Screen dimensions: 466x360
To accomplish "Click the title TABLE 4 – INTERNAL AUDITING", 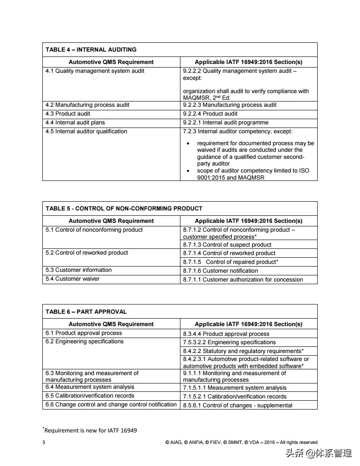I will (x=91, y=49).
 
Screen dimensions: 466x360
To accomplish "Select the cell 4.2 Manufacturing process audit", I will (x=87, y=105).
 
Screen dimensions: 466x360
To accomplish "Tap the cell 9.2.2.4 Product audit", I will (x=210, y=114).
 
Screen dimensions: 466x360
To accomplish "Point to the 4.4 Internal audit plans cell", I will (x=75, y=123).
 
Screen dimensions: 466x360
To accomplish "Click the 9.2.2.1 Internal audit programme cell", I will (x=225, y=123).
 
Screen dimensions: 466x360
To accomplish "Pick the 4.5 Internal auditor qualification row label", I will (x=86, y=132).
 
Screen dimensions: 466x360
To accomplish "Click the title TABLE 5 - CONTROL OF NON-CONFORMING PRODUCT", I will (x=124, y=208).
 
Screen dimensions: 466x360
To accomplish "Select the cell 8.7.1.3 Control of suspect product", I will (x=227, y=244).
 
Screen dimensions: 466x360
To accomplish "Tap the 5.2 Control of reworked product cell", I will (x=87, y=253).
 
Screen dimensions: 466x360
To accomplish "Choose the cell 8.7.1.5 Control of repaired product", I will (x=230, y=262).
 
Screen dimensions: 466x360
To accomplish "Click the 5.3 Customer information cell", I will (x=79, y=270).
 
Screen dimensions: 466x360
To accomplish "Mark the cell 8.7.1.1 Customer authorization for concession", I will (x=243, y=279).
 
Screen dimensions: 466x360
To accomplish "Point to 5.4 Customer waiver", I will (x=72, y=279).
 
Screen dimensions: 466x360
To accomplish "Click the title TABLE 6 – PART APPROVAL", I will (x=86, y=312).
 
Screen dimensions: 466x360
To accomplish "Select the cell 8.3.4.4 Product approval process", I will (x=226, y=334).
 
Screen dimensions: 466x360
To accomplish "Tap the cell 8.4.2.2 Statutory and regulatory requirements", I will (x=243, y=351).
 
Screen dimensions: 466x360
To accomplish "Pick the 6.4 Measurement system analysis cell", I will (x=90, y=387).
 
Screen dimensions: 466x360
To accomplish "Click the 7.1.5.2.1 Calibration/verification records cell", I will (x=235, y=396).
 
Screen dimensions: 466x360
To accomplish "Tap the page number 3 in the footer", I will (x=44, y=442).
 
